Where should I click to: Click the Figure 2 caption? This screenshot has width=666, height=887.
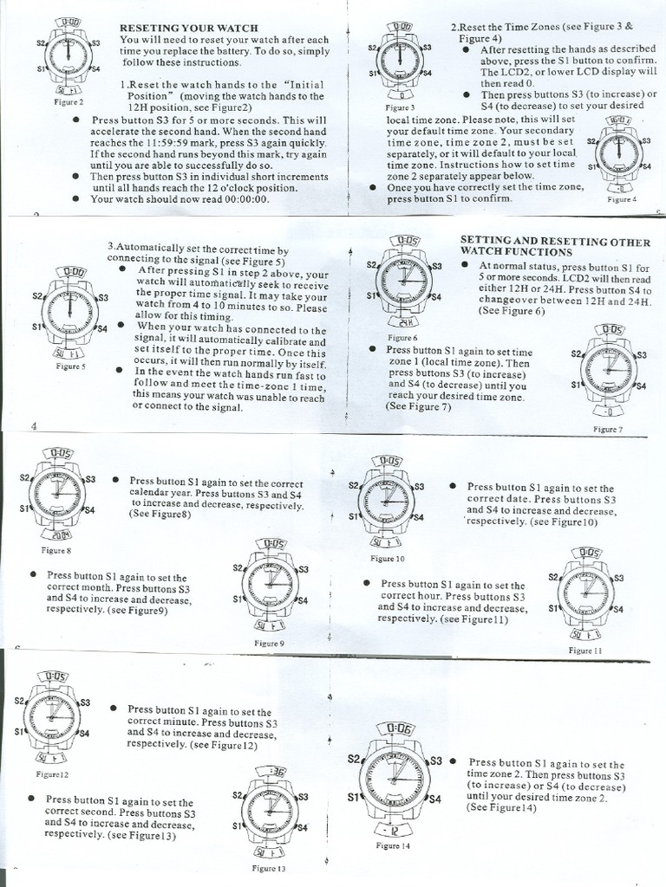(68, 101)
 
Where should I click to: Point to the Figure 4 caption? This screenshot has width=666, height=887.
(622, 198)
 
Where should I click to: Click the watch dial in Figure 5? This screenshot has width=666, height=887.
(68, 309)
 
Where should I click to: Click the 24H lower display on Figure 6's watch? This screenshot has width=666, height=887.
(404, 321)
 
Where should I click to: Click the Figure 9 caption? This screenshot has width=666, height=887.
(269, 643)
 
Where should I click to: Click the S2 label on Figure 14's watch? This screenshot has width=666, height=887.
(354, 759)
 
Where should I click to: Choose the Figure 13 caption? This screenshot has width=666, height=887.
(268, 867)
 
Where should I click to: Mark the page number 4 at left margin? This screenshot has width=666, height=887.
(33, 426)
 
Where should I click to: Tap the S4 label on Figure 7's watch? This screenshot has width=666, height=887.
(641, 385)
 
